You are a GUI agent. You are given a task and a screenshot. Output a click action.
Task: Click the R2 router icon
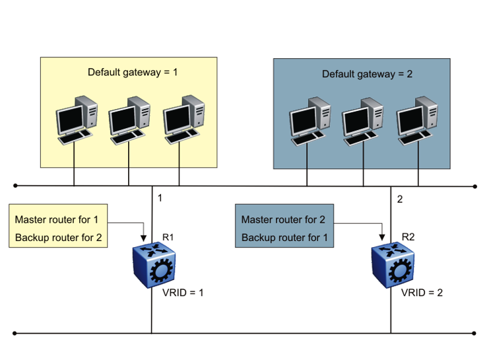(x=393, y=265)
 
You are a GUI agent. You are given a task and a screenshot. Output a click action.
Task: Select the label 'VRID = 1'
(x=183, y=291)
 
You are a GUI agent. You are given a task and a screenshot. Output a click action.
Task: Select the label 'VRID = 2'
(x=422, y=291)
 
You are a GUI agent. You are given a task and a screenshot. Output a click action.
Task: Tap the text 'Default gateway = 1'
(x=133, y=72)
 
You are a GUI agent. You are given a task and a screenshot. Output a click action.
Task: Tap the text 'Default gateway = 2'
(x=367, y=74)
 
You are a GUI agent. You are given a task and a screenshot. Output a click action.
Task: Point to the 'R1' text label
(x=168, y=235)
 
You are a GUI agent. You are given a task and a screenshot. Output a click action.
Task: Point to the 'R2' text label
(x=408, y=236)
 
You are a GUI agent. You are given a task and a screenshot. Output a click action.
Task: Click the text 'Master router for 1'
(x=57, y=219)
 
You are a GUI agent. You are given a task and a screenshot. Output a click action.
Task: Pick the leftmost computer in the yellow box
(x=75, y=120)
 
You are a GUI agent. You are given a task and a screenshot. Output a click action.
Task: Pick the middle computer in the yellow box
(x=128, y=120)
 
